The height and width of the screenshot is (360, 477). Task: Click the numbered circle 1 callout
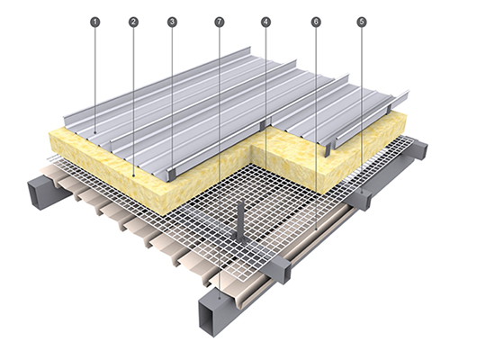pos(95,22)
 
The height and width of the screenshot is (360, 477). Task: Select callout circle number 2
pos(133,22)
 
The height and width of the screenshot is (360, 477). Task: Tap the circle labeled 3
pos(172,22)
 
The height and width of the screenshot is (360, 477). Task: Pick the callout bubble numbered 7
pos(219,22)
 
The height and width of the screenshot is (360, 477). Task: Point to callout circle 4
pos(265,22)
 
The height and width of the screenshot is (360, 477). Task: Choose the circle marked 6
pos(316,22)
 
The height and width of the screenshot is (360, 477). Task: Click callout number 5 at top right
pos(362,22)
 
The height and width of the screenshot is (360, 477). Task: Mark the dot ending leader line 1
pos(95,132)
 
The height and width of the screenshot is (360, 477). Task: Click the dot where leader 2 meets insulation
pos(133,175)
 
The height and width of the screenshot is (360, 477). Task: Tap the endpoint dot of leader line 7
pos(219,299)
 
